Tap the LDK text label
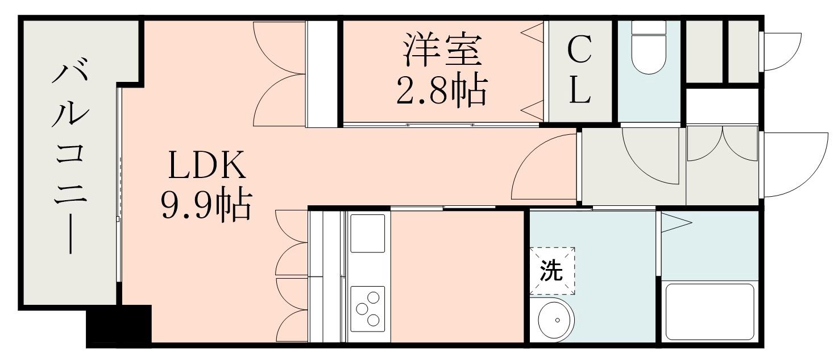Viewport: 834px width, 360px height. click(207, 164)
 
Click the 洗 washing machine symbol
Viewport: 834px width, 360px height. click(552, 271)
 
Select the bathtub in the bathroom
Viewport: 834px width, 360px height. click(709, 312)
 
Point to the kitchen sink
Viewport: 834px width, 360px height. click(367, 233)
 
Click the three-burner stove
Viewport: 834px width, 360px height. click(367, 309)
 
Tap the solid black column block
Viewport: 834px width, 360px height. click(119, 326)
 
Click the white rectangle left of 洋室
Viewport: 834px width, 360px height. click(321, 74)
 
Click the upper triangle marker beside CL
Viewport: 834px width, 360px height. click(533, 32)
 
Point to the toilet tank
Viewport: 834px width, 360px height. click(649, 28)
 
